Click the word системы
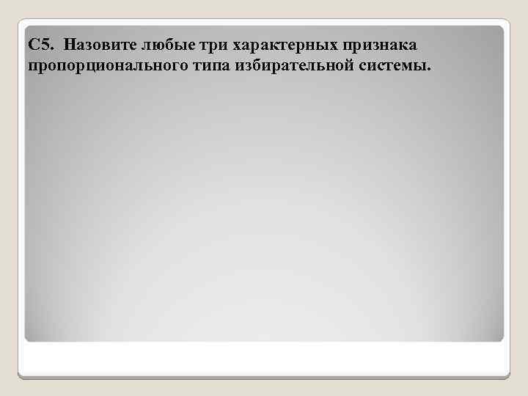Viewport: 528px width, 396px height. (x=392, y=67)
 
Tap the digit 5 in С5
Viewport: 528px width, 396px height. (x=43, y=45)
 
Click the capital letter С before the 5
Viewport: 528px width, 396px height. (x=33, y=45)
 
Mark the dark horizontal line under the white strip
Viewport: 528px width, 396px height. (x=264, y=377)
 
